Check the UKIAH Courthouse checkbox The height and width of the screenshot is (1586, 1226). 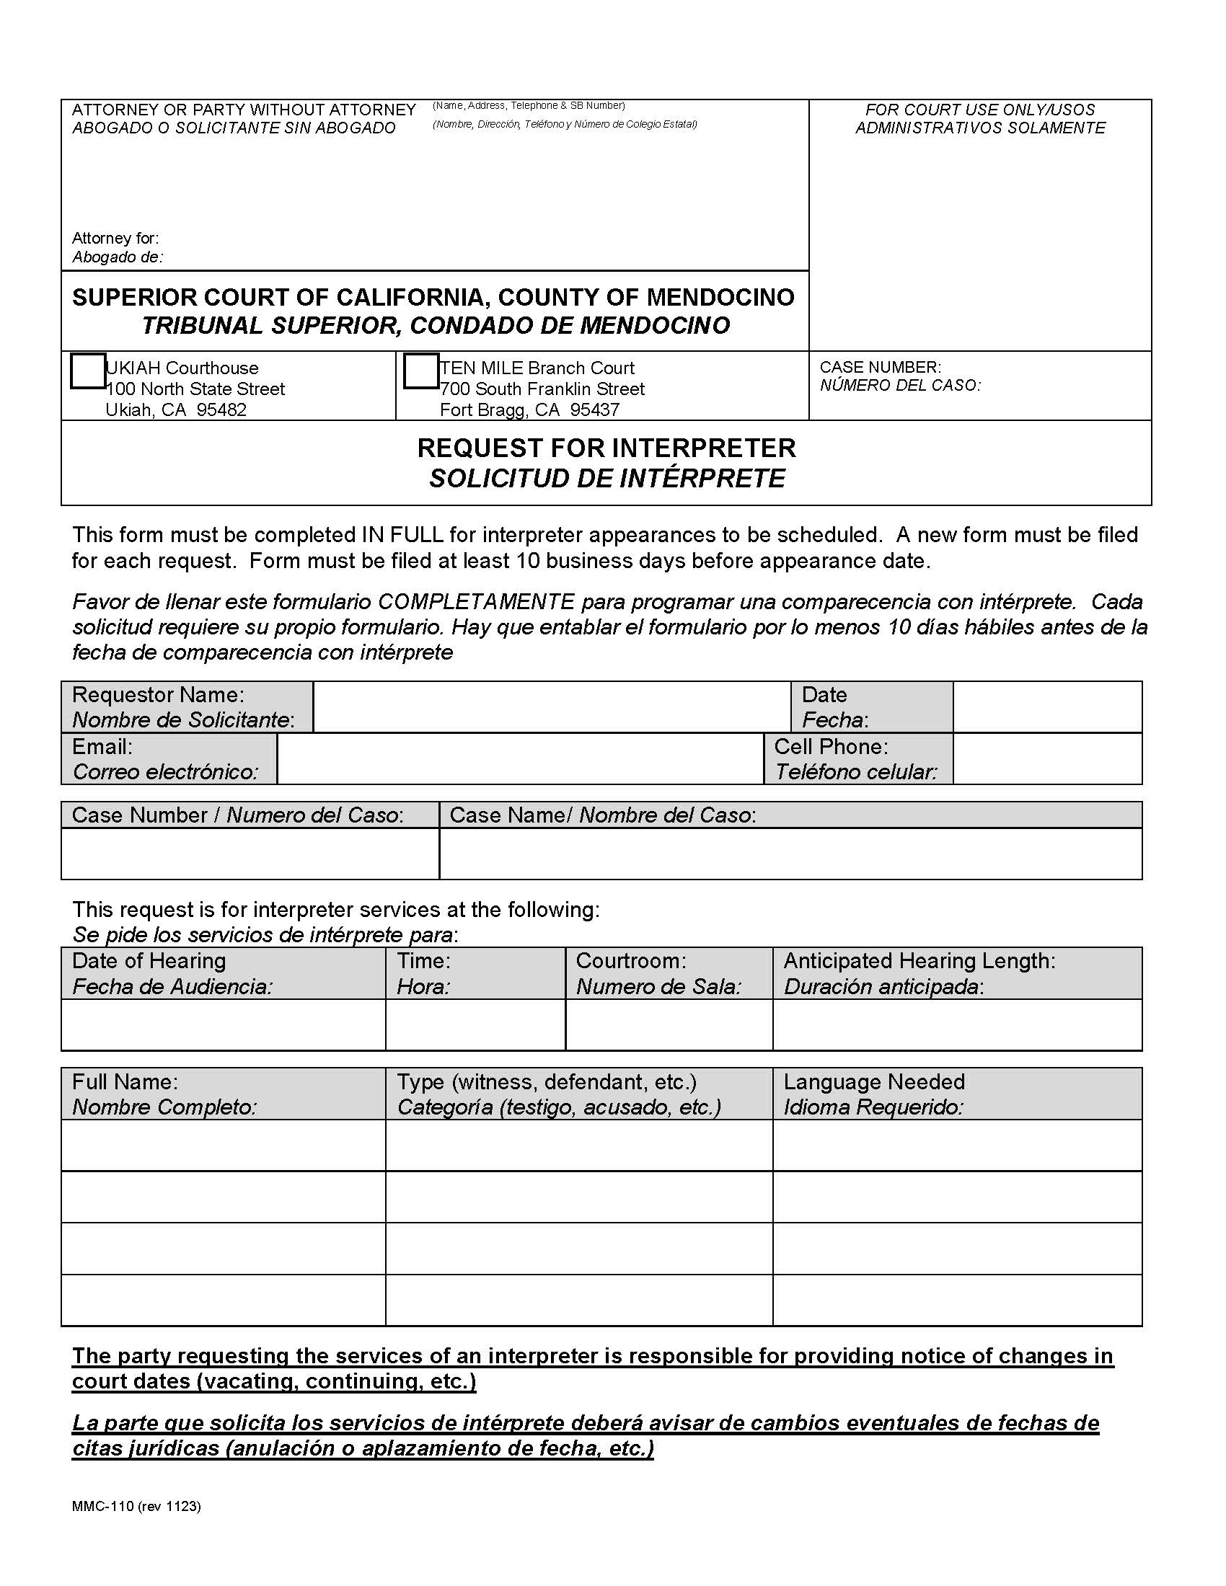click(88, 371)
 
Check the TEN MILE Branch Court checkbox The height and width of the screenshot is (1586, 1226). click(420, 371)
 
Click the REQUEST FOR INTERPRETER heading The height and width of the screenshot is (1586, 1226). click(606, 448)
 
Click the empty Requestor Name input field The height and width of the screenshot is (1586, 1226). click(551, 706)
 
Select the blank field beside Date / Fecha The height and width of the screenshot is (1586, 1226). click(1046, 706)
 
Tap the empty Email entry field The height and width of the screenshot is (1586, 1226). click(520, 759)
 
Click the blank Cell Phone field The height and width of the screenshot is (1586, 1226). click(1046, 759)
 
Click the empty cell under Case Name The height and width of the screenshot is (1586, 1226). click(790, 854)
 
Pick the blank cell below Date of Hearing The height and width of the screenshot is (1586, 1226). click(223, 1024)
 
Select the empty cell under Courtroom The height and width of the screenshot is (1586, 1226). click(669, 1024)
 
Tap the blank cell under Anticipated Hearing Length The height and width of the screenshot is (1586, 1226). click(956, 1024)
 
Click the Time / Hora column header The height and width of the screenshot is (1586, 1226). click(423, 973)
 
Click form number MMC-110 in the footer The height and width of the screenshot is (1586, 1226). click(102, 1506)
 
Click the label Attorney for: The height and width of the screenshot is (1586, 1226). click(115, 238)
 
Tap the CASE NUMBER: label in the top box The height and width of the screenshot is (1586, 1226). click(880, 368)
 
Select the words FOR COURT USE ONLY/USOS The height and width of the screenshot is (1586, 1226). click(979, 110)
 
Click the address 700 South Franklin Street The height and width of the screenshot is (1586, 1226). click(542, 389)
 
